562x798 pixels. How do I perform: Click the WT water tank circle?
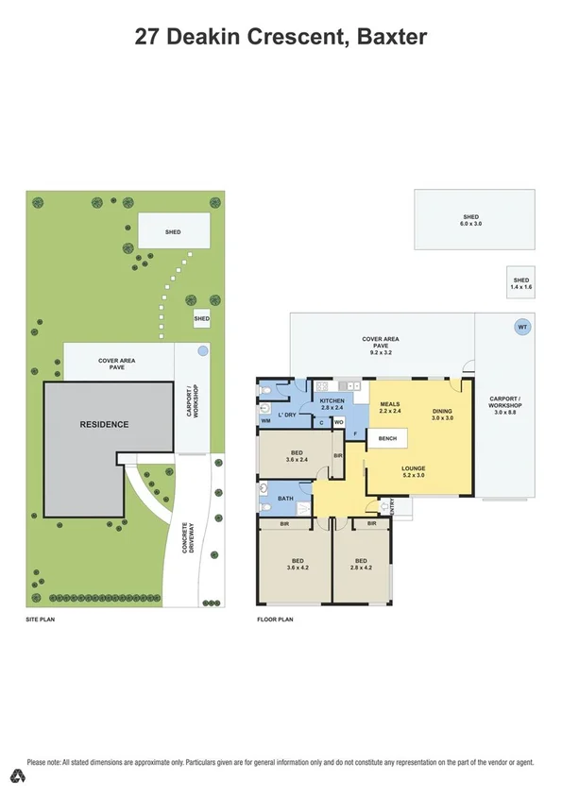tap(520, 327)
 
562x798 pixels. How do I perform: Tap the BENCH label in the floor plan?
tap(387, 439)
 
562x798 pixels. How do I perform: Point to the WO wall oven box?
tap(338, 422)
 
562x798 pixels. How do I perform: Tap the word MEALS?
tap(391, 403)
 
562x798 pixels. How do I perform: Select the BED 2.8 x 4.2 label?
tap(362, 564)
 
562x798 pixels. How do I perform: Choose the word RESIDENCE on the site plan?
tap(103, 424)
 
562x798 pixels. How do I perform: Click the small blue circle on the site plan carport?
tap(202, 350)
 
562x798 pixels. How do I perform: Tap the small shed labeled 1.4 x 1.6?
tap(521, 282)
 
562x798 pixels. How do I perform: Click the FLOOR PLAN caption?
tap(276, 620)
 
